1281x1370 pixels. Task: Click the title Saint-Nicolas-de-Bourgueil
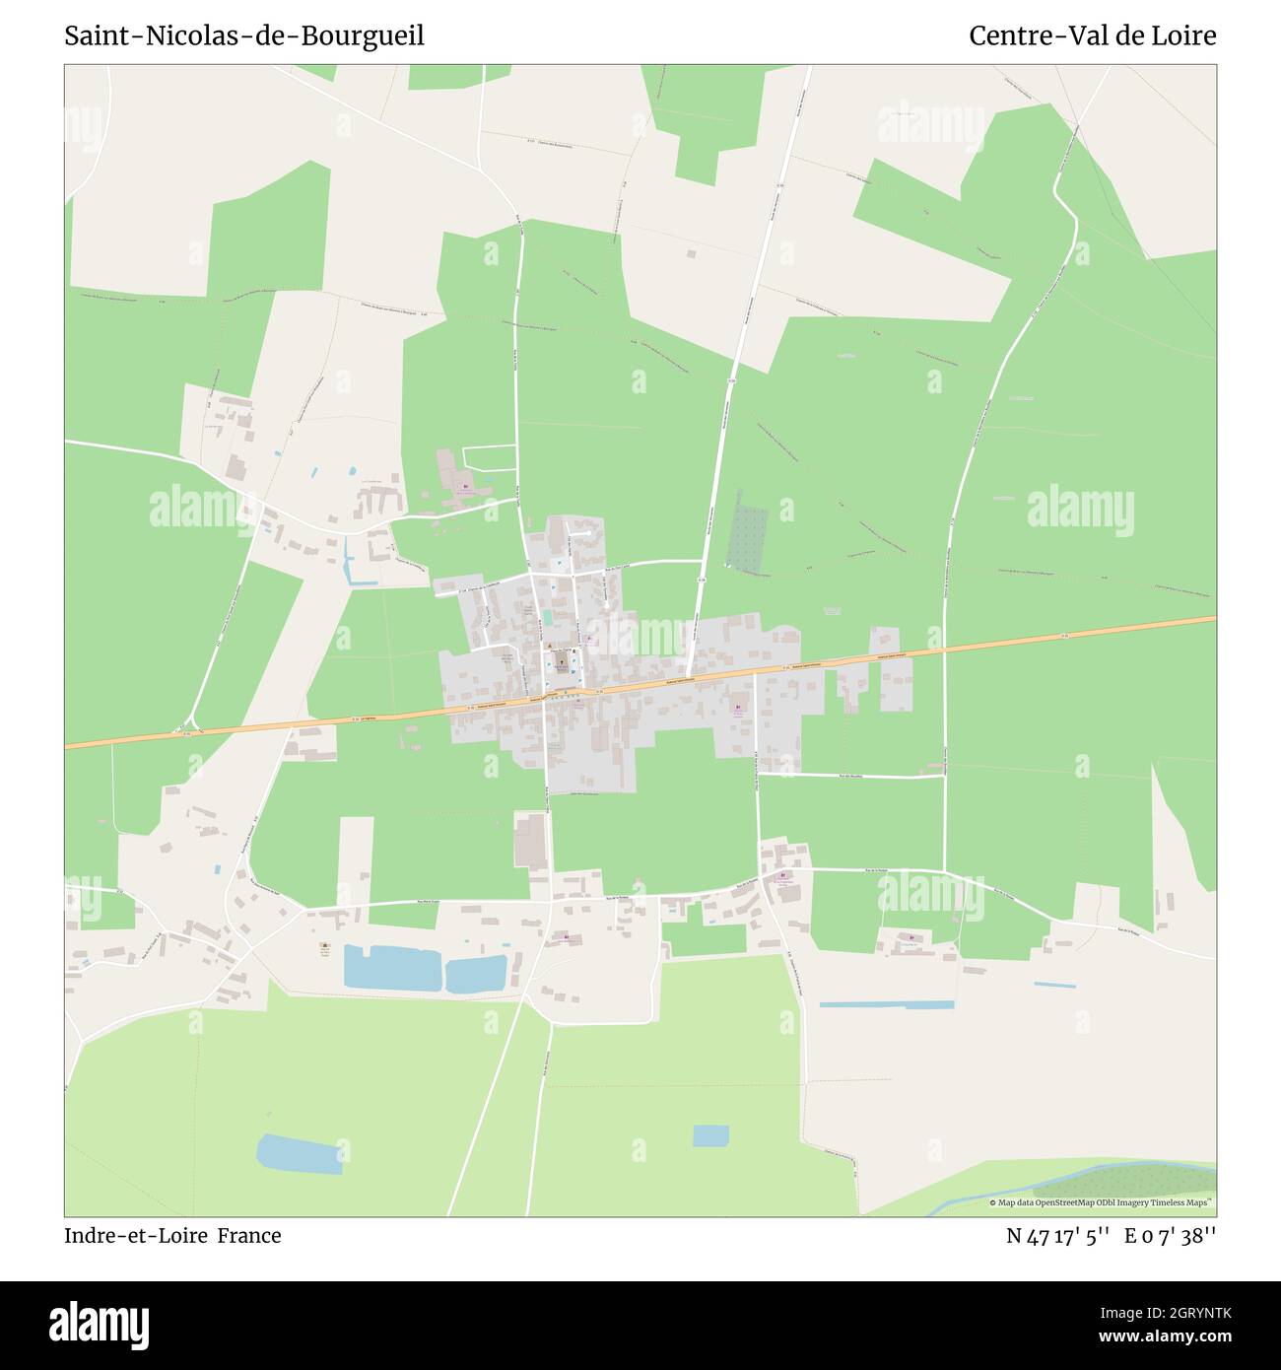coord(244,36)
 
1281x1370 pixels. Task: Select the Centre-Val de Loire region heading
coord(1092,36)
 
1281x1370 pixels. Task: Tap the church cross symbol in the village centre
coord(561,650)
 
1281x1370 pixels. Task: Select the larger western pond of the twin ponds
coord(392,968)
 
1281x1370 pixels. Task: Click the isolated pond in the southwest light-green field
coord(300,1153)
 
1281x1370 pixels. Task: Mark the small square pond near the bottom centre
coord(709,1135)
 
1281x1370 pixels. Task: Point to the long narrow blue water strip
coord(887,1004)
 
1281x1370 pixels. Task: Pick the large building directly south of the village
coord(529,840)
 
